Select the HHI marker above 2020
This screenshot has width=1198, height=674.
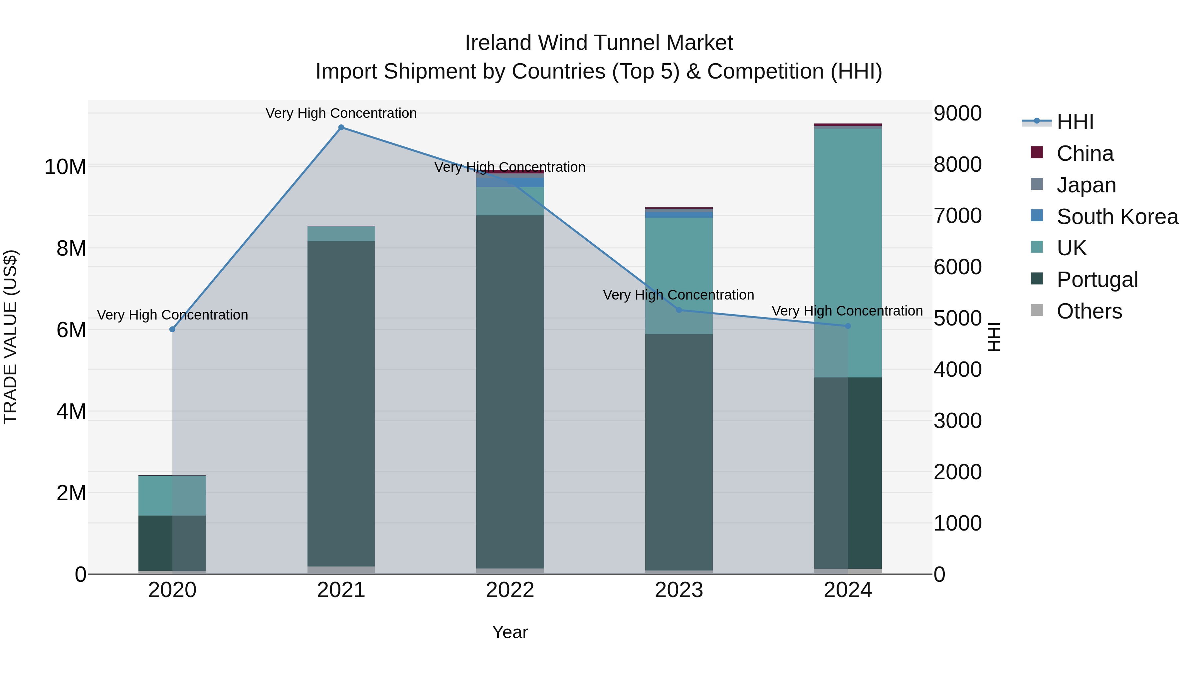point(172,329)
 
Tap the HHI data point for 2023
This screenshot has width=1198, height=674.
point(679,310)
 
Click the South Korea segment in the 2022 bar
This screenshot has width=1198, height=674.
point(510,182)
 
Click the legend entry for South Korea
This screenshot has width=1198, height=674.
point(1117,217)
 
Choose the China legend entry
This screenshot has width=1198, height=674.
point(1085,153)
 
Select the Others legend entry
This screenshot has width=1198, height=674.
point(1089,311)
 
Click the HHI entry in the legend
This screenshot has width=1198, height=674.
point(1075,122)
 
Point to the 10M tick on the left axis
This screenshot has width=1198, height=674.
point(65,166)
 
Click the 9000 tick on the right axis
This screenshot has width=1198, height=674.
point(957,113)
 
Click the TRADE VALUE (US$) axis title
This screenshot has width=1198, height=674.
point(10,337)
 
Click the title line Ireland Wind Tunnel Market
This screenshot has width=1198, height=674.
point(599,43)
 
